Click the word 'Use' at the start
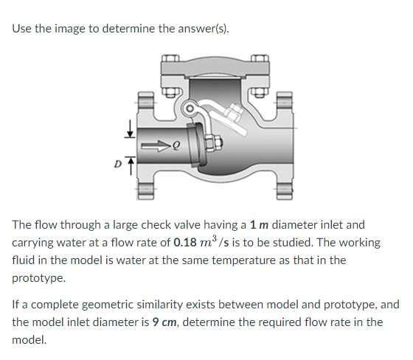(22, 30)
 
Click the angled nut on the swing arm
(235, 115)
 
